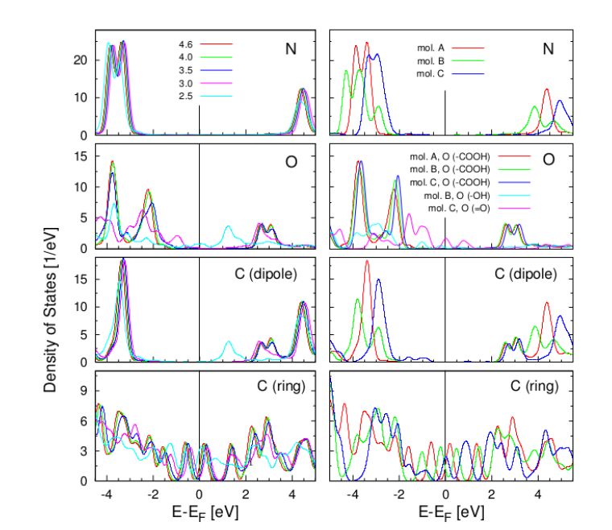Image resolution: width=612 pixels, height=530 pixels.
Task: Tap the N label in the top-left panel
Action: (x=290, y=49)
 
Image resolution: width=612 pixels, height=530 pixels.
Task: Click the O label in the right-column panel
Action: (x=548, y=159)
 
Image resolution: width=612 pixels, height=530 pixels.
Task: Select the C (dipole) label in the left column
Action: (x=272, y=274)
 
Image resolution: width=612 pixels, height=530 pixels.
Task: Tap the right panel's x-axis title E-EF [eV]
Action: (x=445, y=511)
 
